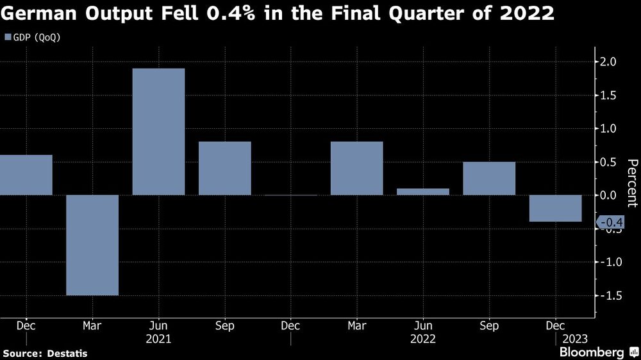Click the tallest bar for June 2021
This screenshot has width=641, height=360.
coord(158,131)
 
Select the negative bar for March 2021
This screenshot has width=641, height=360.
coord(92,245)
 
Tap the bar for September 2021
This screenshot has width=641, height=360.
coord(224,168)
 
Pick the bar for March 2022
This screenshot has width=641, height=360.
coord(356,168)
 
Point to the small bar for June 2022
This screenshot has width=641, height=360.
coord(423,192)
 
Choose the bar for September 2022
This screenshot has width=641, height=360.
coord(489,178)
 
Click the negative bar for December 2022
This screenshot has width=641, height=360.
coord(555,208)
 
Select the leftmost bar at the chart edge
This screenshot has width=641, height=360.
coord(26,175)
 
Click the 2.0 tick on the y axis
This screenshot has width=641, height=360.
coord(608,62)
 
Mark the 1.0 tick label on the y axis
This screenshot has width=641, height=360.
coord(608,129)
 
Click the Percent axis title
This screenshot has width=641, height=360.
coord(632,183)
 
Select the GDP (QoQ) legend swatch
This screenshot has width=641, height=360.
coord(8,37)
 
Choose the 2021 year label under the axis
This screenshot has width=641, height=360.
coord(158,338)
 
